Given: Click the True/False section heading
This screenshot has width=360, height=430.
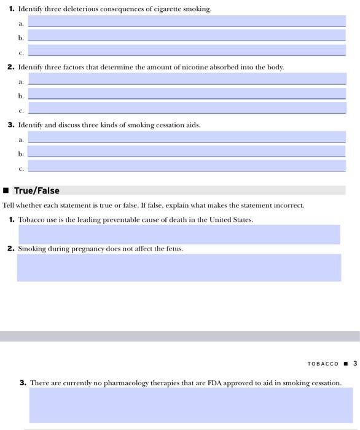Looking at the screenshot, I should (x=37, y=190).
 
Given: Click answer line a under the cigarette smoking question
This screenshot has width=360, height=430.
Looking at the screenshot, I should (x=187, y=21).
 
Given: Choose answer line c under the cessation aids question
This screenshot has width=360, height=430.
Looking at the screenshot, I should (x=187, y=166).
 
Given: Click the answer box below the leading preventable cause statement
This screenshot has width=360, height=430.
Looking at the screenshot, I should (x=179, y=234).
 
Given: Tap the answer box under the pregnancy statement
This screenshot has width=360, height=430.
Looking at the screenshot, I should (x=179, y=268).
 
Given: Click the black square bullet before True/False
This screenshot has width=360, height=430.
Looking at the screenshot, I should (x=6, y=190).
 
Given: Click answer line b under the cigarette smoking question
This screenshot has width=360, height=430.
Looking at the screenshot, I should (x=187, y=36).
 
